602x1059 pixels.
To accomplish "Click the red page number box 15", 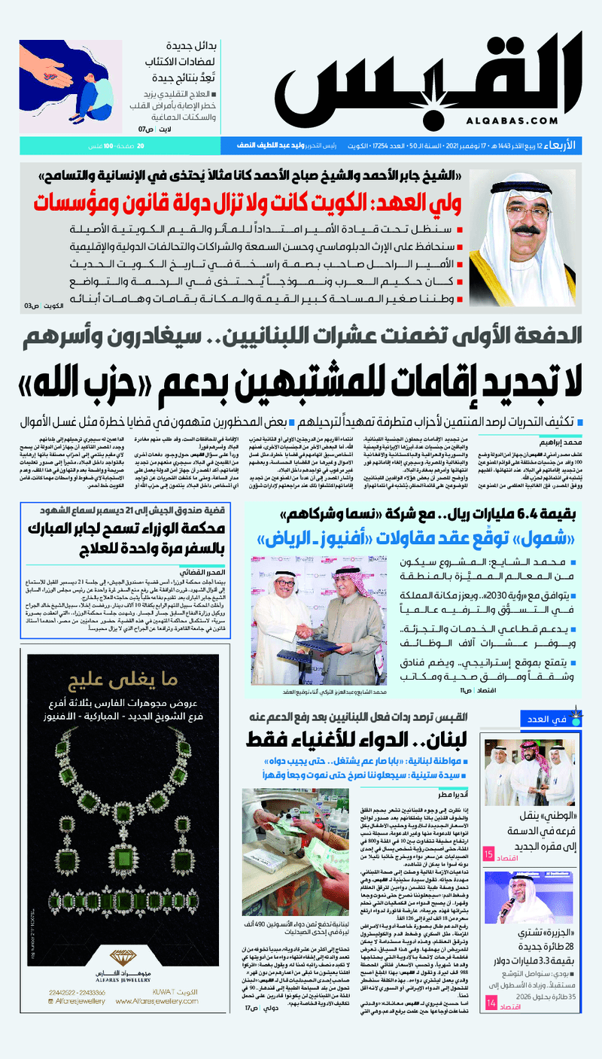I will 488,854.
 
